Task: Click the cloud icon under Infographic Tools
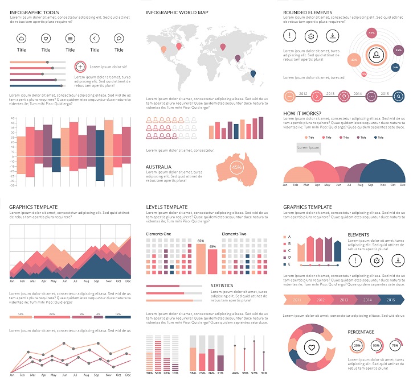point(22,39)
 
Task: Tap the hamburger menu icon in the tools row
point(70,39)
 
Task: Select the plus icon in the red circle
point(80,67)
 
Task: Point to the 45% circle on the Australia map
point(236,168)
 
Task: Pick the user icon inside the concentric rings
point(376,55)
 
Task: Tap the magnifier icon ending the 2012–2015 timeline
point(399,97)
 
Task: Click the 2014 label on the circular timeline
point(358,93)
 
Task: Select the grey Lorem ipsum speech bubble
point(308,148)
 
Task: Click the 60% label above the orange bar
point(201,241)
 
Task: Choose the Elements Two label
point(234,234)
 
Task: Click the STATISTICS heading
point(222,285)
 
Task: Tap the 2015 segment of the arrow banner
point(391,300)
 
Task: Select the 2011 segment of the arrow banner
point(296,300)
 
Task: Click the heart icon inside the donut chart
point(311,346)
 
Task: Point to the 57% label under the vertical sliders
point(254,373)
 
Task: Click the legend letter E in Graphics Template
point(289,264)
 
